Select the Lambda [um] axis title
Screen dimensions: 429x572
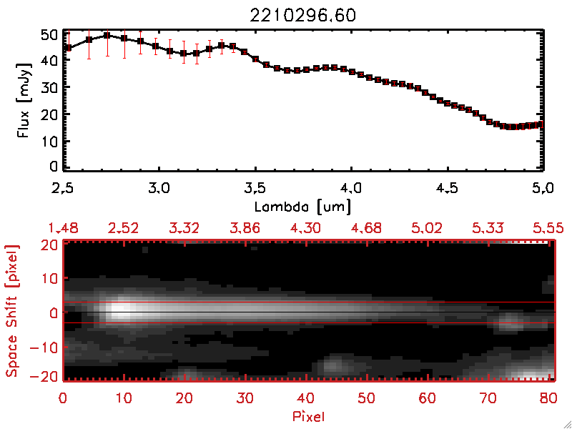303,206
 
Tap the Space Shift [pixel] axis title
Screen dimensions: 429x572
12,311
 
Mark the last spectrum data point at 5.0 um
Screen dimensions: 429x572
541,124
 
